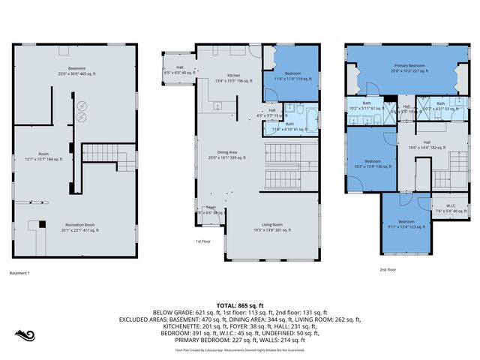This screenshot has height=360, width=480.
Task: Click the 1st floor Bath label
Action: point(289,127)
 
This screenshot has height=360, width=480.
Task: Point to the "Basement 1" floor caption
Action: point(19,273)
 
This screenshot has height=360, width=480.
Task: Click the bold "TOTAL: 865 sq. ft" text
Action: point(239,305)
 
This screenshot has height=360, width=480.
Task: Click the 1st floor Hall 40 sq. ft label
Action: point(180,70)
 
